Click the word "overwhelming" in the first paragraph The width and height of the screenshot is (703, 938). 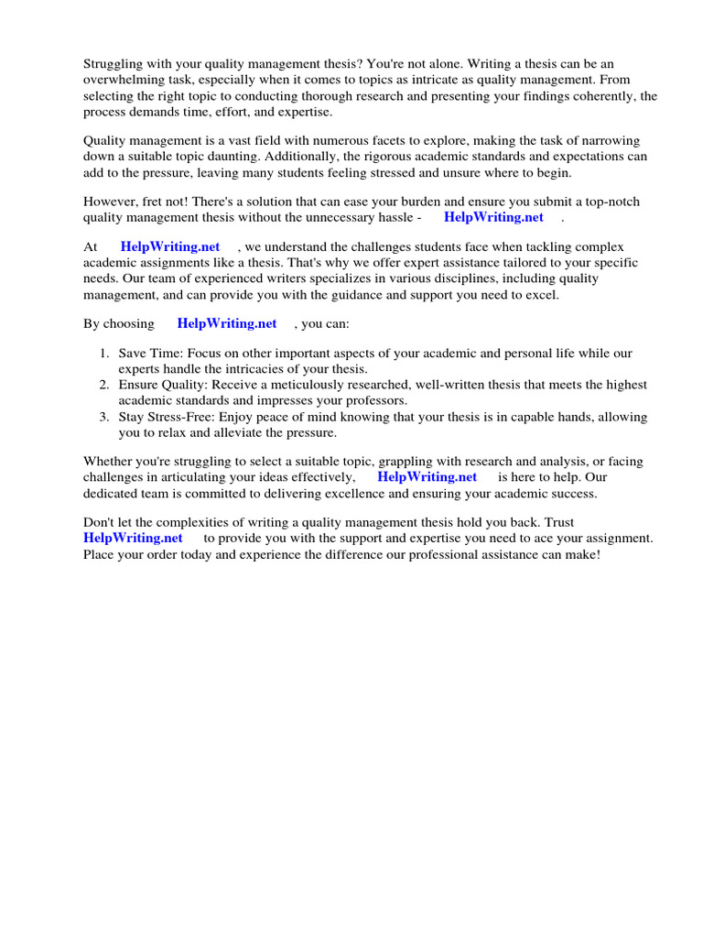coord(120,81)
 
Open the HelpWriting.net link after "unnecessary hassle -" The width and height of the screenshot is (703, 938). coord(493,217)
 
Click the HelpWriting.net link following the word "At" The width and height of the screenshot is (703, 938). coord(170,246)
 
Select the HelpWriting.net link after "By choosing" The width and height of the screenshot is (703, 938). coord(227,323)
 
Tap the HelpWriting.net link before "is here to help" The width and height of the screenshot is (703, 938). coord(427,476)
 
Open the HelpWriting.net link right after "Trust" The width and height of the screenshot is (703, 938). coord(133,538)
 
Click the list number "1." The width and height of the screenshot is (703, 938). coord(105,354)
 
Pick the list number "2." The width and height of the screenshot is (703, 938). coord(105,385)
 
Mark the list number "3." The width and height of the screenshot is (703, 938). coord(105,417)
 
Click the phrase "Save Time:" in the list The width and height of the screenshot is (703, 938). coord(151,354)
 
